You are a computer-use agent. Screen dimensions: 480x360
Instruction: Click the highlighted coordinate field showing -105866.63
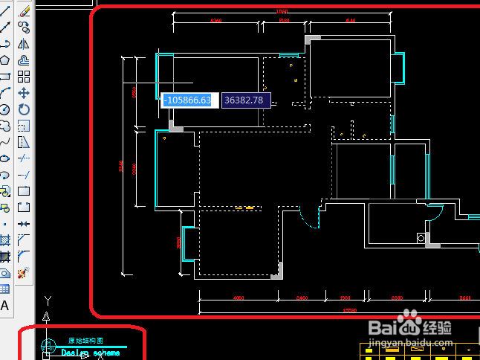click(189, 100)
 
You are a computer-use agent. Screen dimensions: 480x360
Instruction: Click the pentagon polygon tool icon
click(5, 60)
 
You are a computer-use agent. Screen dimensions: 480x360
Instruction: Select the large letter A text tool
click(5, 305)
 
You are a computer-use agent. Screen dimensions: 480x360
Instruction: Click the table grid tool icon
click(5, 289)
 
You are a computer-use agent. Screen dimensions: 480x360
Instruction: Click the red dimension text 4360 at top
click(216, 21)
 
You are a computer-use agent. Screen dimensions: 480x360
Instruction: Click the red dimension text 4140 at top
click(350, 21)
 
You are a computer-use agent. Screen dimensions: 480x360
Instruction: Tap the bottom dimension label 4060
click(239, 298)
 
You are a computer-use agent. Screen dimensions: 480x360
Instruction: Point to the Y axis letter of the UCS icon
click(48, 300)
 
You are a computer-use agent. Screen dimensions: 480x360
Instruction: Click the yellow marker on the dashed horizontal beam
click(244, 208)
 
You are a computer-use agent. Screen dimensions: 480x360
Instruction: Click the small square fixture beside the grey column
click(421, 239)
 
